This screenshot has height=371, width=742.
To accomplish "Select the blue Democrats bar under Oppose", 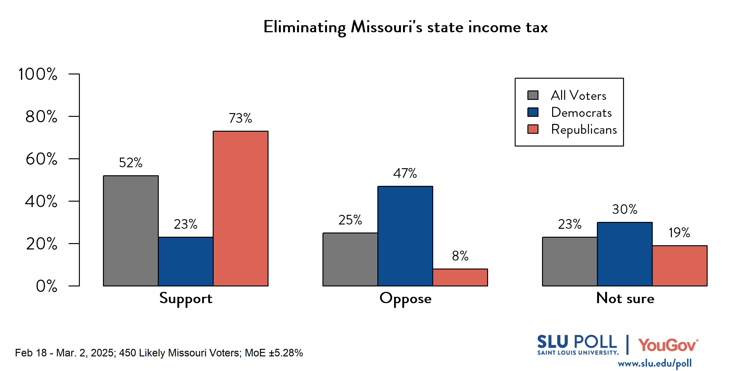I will pyautogui.click(x=405, y=236).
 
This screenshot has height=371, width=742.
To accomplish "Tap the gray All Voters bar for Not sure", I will pyautogui.click(x=570, y=261).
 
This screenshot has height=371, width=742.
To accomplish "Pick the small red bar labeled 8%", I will pyautogui.click(x=460, y=277).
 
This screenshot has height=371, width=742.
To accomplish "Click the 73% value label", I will pyautogui.click(x=240, y=118).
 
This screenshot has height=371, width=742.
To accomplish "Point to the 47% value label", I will pyautogui.click(x=405, y=173).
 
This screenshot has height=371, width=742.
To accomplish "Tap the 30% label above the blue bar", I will pyautogui.click(x=624, y=209).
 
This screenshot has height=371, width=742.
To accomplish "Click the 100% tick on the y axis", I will pyautogui.click(x=38, y=74).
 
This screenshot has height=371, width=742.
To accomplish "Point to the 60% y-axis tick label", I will pyautogui.click(x=41, y=159).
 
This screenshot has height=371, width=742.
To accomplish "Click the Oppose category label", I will pyautogui.click(x=405, y=299).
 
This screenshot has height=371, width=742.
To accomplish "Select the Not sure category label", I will pyautogui.click(x=625, y=298).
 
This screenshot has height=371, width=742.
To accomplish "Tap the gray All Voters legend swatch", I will pyautogui.click(x=533, y=95).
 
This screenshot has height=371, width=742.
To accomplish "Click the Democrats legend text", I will pyautogui.click(x=581, y=112).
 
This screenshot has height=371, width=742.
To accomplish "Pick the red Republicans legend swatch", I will pyautogui.click(x=533, y=129).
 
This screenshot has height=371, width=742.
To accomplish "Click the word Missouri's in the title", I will pyautogui.click(x=386, y=27).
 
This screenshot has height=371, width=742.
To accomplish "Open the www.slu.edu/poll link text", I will pyautogui.click(x=654, y=363).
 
